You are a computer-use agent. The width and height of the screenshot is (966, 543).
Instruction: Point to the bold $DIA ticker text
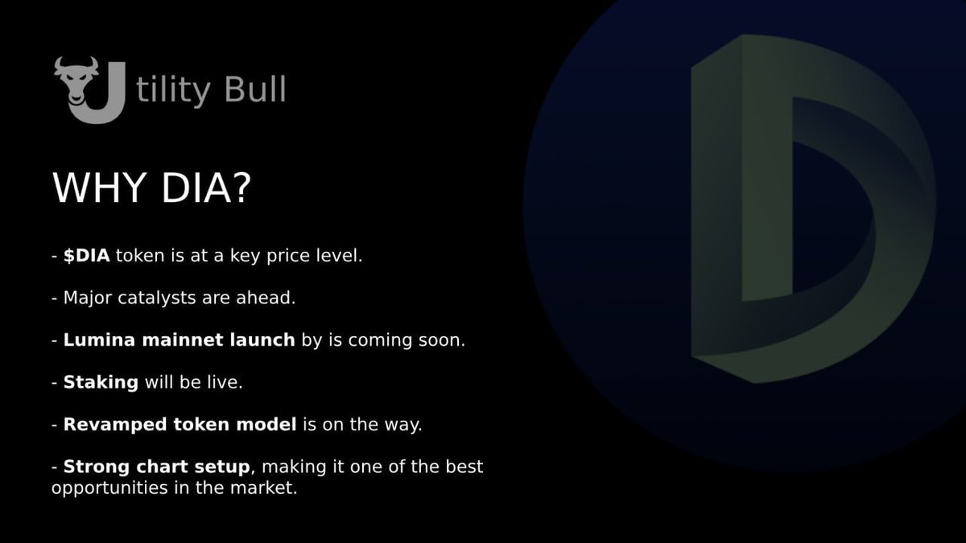[87, 256]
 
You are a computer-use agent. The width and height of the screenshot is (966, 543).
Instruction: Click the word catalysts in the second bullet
[159, 298]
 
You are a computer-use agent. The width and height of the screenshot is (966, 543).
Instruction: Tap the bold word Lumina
[97, 340]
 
